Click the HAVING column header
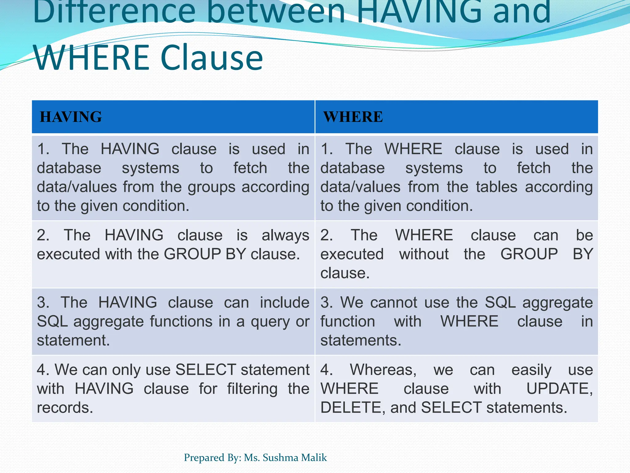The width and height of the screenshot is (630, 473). tap(71, 117)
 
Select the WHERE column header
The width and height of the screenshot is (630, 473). tap(353, 117)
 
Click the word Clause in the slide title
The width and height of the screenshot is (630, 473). tap(212, 58)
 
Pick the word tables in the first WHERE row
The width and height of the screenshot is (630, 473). tap(496, 187)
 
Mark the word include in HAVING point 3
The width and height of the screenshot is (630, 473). tap(285, 302)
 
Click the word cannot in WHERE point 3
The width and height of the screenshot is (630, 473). tap(394, 302)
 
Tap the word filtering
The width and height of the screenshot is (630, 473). tap(252, 389)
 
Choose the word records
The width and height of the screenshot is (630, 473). tap(65, 408)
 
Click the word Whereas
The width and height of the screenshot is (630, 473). tap(383, 370)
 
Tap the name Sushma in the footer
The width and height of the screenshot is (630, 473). tap(280, 458)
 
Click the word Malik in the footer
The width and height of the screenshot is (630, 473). tap(314, 458)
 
